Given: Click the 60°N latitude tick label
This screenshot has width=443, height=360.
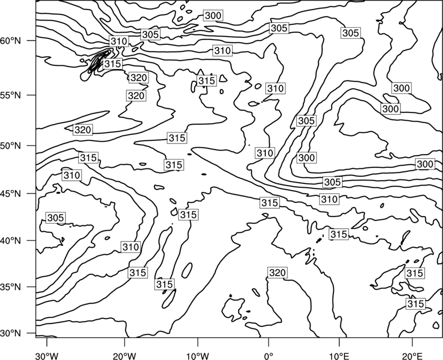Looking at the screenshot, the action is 11,41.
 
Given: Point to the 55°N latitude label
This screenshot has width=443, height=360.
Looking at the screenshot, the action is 11,95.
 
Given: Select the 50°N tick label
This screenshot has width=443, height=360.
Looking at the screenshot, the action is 11,146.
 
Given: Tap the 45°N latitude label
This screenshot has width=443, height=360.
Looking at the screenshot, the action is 11,194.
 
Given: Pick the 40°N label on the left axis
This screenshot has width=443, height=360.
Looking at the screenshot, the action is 11,241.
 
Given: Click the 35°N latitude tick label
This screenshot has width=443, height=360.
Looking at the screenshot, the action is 11,287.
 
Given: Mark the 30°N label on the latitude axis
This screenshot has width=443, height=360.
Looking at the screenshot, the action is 11,333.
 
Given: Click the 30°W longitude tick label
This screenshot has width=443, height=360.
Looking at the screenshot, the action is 47,356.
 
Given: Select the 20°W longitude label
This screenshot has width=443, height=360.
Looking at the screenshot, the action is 125,356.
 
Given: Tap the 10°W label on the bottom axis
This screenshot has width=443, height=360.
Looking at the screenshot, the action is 197,356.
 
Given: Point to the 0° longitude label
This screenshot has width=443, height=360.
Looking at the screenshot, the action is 269,356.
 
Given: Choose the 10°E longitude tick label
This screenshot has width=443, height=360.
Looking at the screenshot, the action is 339,356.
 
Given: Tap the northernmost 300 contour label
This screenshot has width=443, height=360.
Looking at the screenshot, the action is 213,16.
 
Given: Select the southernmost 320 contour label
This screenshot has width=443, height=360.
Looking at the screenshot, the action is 277,272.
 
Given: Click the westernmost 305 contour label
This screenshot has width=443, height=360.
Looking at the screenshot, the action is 56,218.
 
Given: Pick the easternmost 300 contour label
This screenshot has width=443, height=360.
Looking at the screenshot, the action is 425,164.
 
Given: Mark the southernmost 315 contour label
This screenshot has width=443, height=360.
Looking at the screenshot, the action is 416,304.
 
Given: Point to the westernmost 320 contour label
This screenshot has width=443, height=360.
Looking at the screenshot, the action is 83,130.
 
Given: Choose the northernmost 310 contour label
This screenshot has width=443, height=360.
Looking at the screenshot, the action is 119,41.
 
